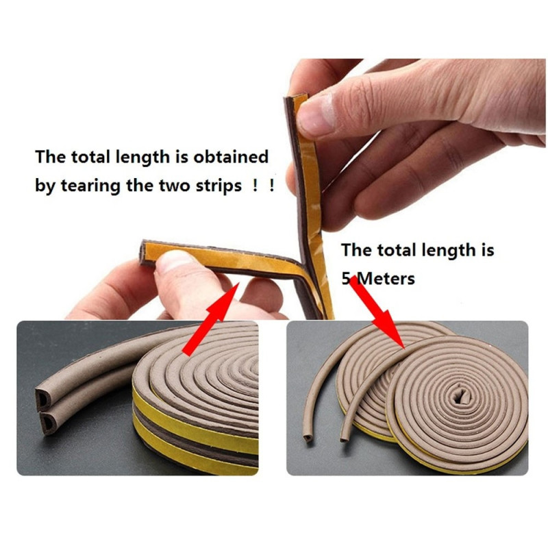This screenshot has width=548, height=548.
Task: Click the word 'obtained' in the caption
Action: click(x=231, y=157)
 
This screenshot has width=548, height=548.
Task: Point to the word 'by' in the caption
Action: click(x=45, y=186)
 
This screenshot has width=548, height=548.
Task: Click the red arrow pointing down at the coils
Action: click(x=377, y=312)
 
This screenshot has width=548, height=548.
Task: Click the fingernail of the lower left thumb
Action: click(x=174, y=260)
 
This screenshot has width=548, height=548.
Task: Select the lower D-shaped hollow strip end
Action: click(x=48, y=422)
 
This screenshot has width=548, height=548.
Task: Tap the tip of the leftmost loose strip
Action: click(x=308, y=438)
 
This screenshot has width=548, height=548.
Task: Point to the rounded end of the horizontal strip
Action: click(x=143, y=251)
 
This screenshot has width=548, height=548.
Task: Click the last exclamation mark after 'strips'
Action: click(x=271, y=185)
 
